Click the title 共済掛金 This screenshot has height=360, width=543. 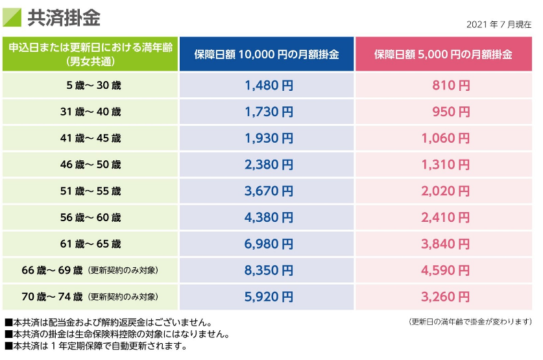pyautogui.click(x=64, y=18)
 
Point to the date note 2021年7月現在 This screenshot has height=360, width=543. pyautogui.click(x=499, y=25)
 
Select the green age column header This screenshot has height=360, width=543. pyautogui.click(x=90, y=54)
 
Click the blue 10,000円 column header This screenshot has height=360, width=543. pyautogui.click(x=267, y=54)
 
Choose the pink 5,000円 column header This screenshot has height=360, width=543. pyautogui.click(x=442, y=54)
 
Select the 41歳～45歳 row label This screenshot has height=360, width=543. pyautogui.click(x=90, y=138)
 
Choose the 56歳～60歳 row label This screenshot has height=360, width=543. pyautogui.click(x=90, y=218)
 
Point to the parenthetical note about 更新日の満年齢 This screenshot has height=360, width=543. pyautogui.click(x=470, y=322)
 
